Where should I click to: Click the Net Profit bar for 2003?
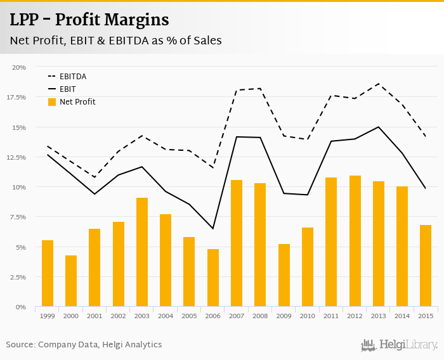click(142, 252)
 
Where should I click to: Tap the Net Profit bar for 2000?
click(71, 281)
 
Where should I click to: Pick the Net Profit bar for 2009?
click(284, 275)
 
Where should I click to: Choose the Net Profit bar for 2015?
click(426, 266)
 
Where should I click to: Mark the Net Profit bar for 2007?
click(237, 243)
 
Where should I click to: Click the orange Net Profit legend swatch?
click(53, 101)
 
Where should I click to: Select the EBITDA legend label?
click(72, 77)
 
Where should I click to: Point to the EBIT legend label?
click(67, 89)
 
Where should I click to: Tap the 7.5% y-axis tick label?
click(18, 217)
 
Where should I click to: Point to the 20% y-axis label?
click(19, 67)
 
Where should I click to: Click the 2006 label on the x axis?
click(212, 315)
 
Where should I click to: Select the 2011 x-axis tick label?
click(331, 315)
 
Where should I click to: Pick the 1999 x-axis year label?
click(47, 315)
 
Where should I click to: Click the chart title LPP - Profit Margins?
click(89, 20)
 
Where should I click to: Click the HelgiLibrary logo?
click(400, 345)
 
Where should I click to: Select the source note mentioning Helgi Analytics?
click(84, 345)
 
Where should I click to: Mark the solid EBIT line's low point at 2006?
click(212, 228)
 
